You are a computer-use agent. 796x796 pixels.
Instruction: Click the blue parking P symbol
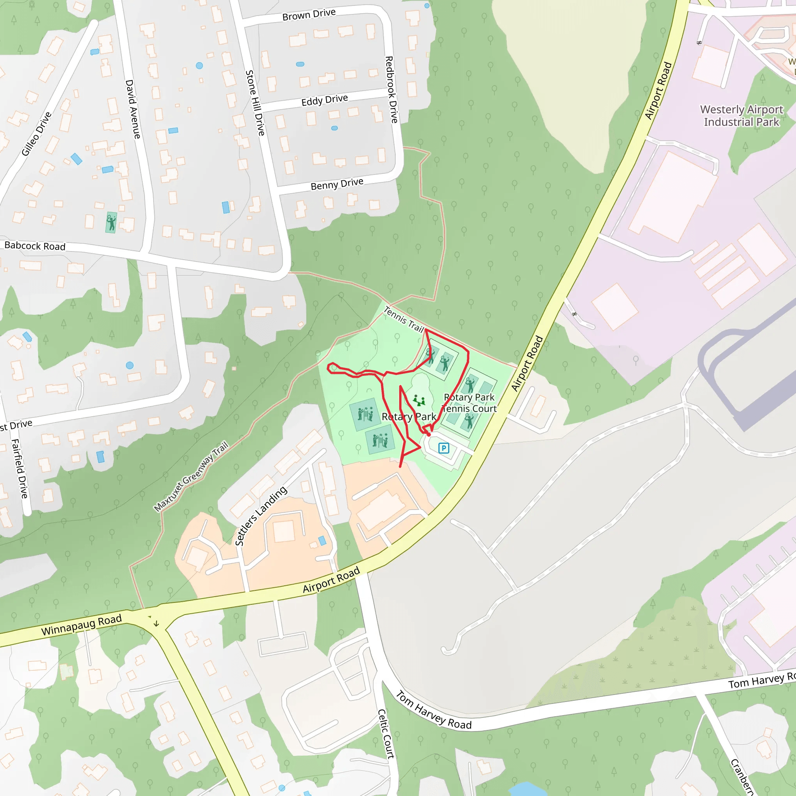(x=444, y=448)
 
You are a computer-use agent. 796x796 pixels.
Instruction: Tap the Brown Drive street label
(x=309, y=14)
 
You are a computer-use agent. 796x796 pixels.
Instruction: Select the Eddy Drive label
(x=325, y=100)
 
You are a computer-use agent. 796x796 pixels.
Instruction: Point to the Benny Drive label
(x=337, y=184)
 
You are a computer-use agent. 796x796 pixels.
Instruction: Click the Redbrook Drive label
(x=391, y=89)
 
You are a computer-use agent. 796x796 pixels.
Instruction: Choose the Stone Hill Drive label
(x=255, y=103)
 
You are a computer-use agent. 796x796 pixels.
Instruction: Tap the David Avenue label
(x=133, y=109)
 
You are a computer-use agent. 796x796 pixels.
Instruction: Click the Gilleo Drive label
(x=37, y=134)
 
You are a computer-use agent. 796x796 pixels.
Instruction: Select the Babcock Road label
(x=35, y=246)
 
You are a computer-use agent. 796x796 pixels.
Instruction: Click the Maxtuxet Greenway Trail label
(x=191, y=476)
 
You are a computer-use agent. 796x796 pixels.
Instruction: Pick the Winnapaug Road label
(x=82, y=625)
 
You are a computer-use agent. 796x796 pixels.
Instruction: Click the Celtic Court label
(x=386, y=734)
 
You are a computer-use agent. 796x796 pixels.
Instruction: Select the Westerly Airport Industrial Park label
(x=742, y=116)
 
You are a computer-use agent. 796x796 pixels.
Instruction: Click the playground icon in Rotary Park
(x=419, y=400)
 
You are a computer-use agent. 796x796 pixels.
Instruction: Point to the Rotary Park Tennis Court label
(x=469, y=403)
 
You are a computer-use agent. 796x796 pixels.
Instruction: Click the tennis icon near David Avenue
(x=111, y=223)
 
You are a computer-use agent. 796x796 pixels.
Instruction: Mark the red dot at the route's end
(x=428, y=434)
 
